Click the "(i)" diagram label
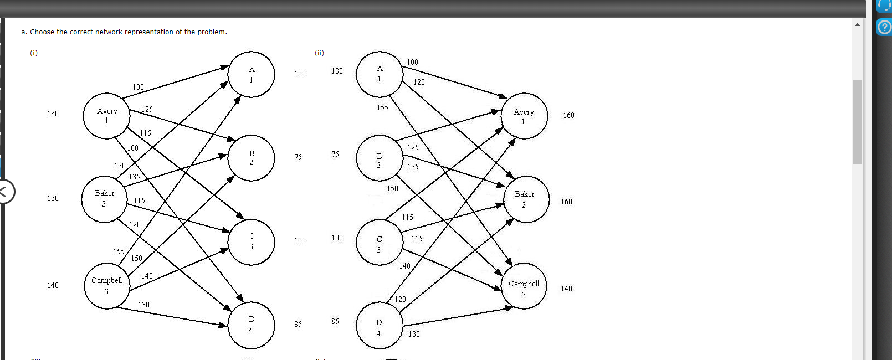34,53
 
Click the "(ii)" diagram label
319,53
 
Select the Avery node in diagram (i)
106,116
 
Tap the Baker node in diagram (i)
104,198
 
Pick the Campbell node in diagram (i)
107,286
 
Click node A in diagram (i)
251,74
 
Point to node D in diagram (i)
251,325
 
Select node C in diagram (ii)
379,244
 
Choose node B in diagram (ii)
379,160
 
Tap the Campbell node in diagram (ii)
524,289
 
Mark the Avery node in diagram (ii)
524,116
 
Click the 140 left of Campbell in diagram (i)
53,285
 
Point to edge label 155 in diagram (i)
119,251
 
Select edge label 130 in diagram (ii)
414,334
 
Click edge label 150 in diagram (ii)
392,188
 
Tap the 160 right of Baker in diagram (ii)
566,202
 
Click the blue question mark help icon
884,27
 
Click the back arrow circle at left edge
4,192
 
